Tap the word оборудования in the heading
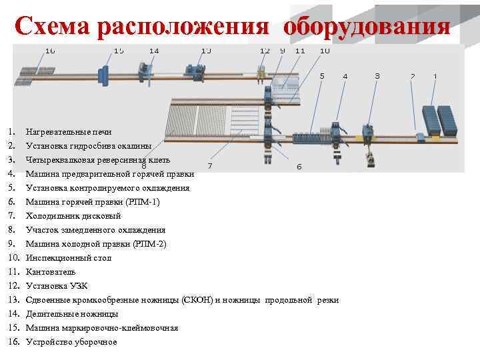(x=366, y=27)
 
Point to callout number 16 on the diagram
(x=50, y=51)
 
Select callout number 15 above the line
(x=119, y=51)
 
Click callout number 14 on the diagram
(x=154, y=51)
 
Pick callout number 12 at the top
(x=265, y=51)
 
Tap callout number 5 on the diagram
(x=322, y=76)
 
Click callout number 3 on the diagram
(x=377, y=76)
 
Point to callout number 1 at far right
(x=435, y=76)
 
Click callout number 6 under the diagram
(x=299, y=167)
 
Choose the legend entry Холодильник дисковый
(x=73, y=215)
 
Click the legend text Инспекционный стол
(x=68, y=257)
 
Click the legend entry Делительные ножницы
(x=71, y=313)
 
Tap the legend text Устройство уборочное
(x=71, y=341)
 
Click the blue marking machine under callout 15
(x=104, y=75)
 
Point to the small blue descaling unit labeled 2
(x=420, y=136)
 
